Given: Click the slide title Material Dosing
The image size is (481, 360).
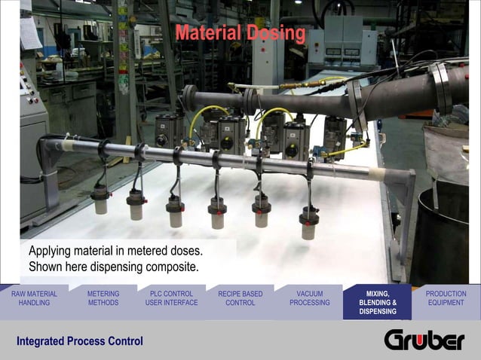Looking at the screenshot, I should click(x=240, y=34).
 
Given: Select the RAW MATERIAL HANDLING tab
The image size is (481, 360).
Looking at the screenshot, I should click(x=34, y=298).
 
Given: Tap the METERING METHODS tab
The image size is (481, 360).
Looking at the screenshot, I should click(x=103, y=298).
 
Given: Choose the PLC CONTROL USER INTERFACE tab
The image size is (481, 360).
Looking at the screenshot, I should click(x=171, y=298).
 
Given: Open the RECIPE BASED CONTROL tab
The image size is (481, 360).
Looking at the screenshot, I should click(x=240, y=298).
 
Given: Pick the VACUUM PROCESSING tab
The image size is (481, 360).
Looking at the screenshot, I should click(x=309, y=298).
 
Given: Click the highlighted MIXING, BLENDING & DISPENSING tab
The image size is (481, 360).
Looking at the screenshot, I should click(x=378, y=302).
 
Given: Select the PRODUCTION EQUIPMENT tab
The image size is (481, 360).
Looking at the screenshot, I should click(x=446, y=298).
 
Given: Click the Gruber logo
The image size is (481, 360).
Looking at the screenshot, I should click(x=424, y=340).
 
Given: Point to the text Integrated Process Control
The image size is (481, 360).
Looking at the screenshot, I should click(x=80, y=342).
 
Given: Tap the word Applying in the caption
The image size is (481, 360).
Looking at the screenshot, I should click(x=53, y=250).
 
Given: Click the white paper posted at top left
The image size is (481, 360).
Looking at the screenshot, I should click(x=30, y=33).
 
